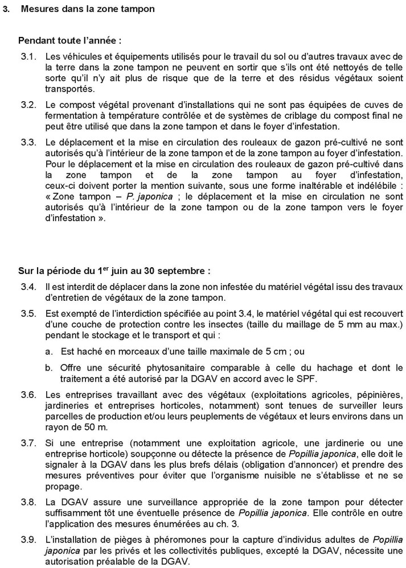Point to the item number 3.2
28,105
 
